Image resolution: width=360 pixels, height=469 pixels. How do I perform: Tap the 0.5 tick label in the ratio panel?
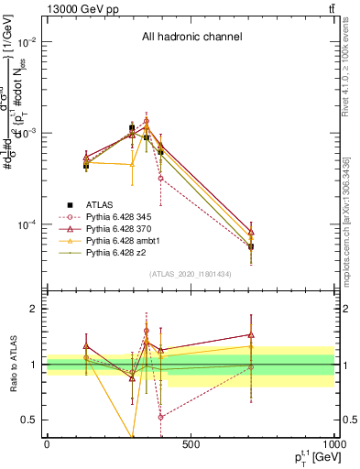[29, 420]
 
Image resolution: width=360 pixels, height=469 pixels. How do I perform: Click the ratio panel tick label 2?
[33, 309]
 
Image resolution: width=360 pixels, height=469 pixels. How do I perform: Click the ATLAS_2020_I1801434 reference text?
[191, 274]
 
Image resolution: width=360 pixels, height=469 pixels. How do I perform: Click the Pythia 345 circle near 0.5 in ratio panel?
[160, 417]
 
